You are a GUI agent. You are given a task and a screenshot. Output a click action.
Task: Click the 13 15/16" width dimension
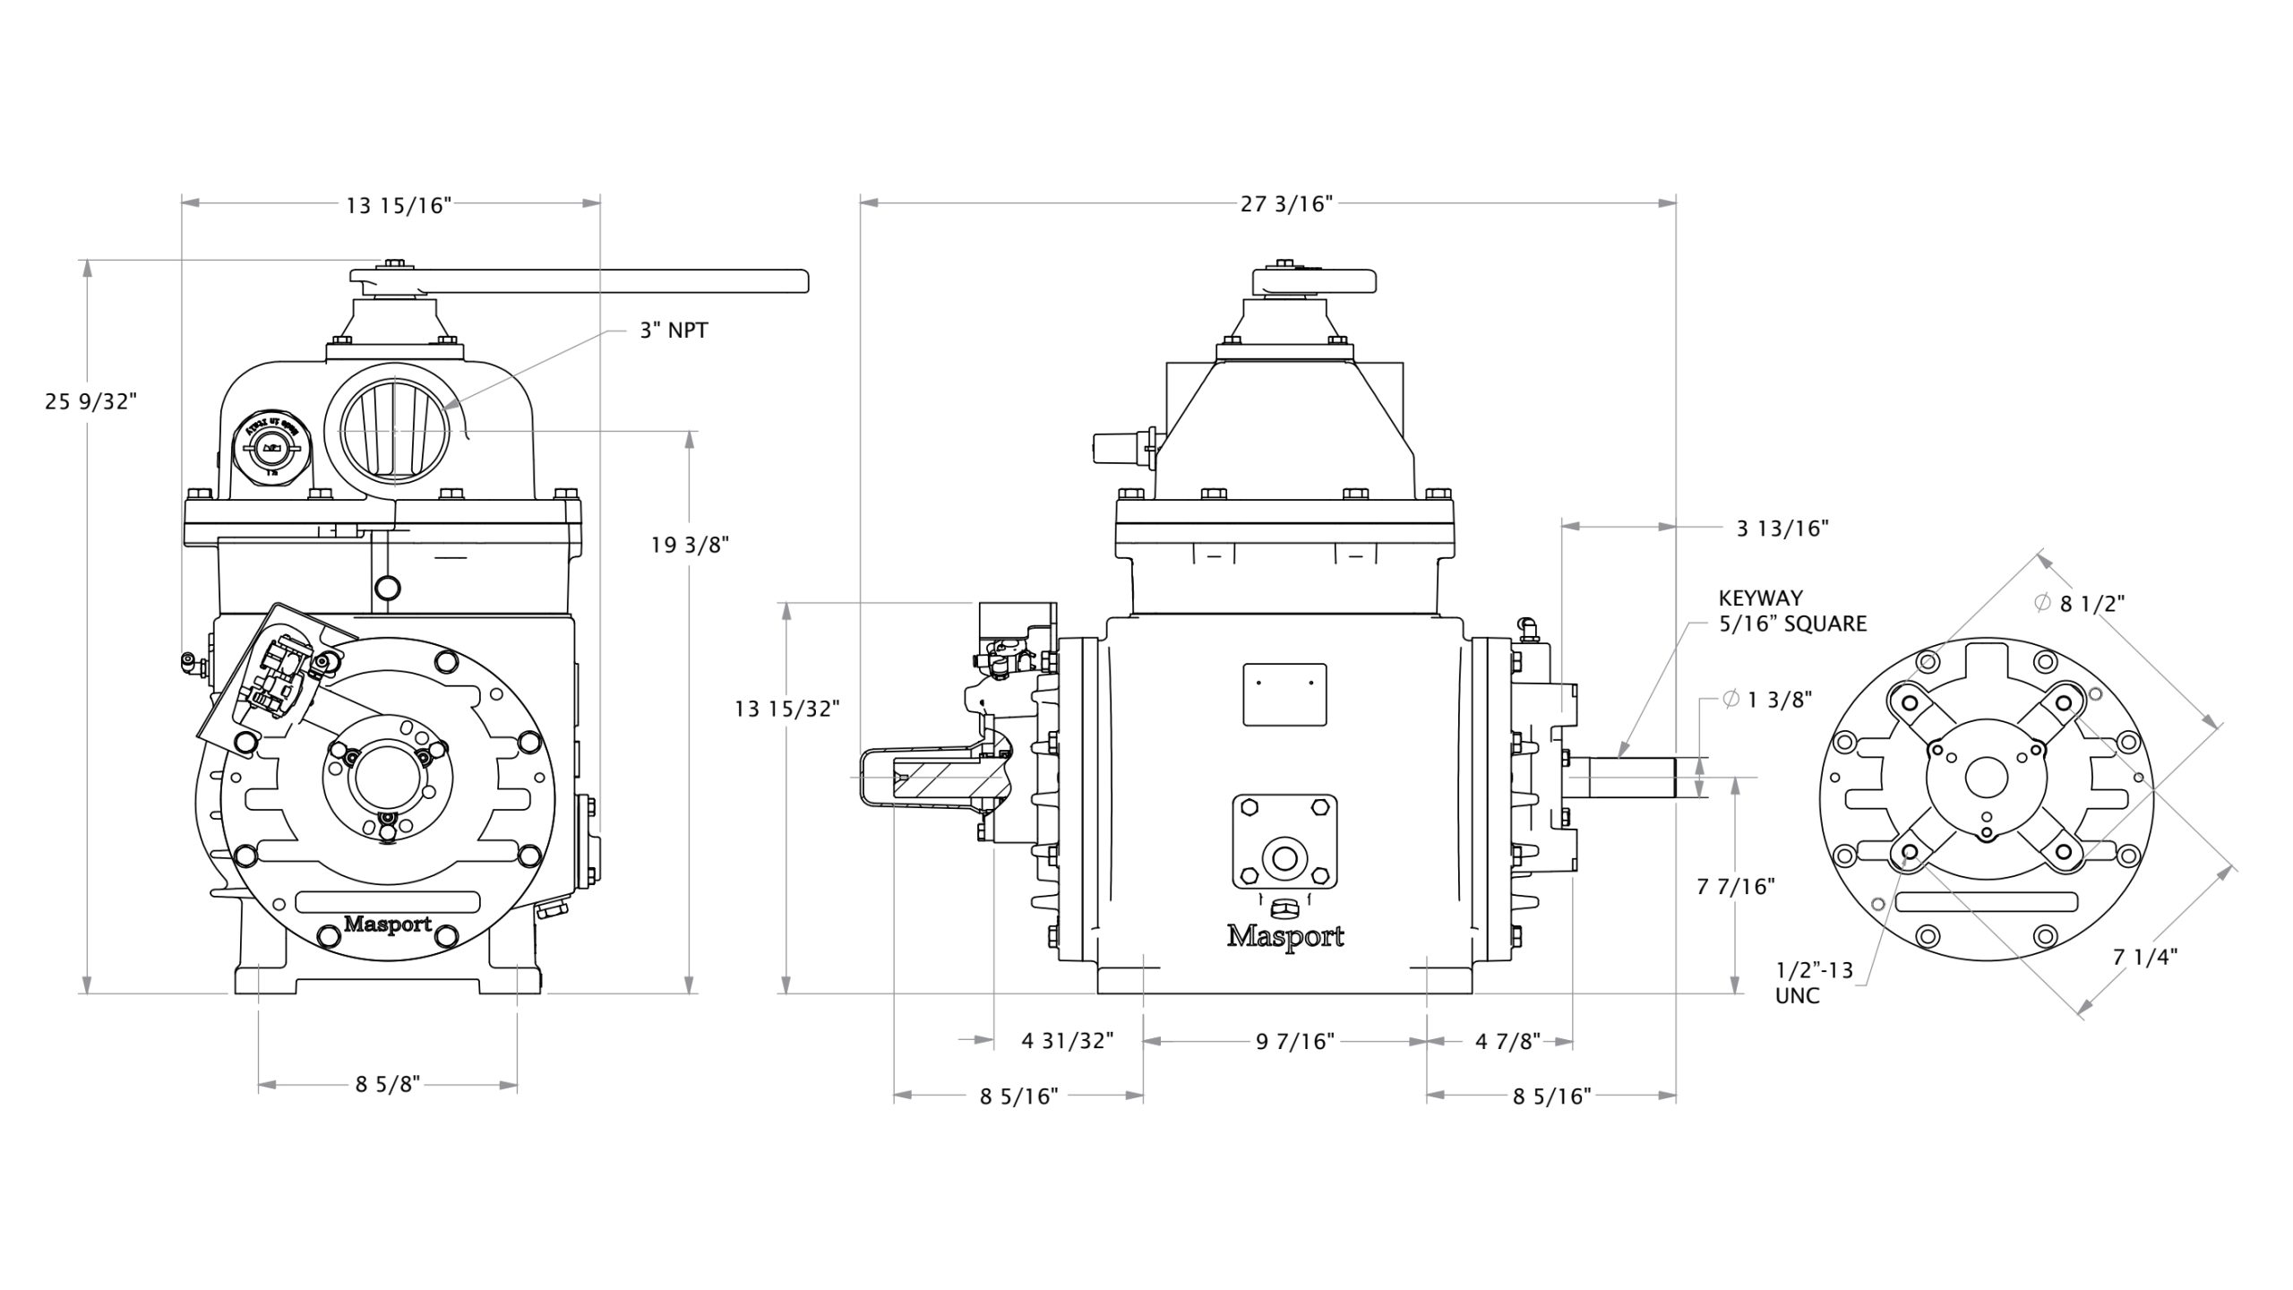(398, 205)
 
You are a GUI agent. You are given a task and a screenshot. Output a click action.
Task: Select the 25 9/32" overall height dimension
(90, 400)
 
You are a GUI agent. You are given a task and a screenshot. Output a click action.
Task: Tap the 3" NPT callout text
(674, 331)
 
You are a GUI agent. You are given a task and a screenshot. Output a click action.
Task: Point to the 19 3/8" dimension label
(690, 545)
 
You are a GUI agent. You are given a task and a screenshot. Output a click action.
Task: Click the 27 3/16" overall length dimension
(1286, 204)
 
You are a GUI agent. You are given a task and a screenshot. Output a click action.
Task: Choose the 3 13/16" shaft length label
(1782, 529)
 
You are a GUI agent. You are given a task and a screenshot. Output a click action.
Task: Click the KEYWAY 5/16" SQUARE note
(1791, 611)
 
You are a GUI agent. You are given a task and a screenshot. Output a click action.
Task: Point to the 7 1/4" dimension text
(2145, 958)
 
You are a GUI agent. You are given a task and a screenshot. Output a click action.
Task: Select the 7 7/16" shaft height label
(1736, 886)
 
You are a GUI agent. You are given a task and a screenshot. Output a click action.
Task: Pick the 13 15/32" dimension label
(786, 709)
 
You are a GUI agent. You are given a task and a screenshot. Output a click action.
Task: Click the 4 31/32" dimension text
(1068, 1041)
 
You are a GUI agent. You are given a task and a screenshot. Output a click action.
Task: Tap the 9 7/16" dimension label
(1294, 1041)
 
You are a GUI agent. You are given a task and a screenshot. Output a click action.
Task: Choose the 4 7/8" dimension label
(1507, 1041)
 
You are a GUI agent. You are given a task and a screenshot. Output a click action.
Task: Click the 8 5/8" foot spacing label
(387, 1085)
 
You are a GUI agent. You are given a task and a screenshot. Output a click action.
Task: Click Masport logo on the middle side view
(1284, 937)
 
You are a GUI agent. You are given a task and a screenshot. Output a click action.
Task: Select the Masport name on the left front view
(388, 924)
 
